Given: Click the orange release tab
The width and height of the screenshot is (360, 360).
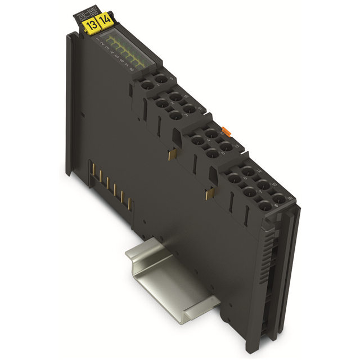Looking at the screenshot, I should (x=226, y=131).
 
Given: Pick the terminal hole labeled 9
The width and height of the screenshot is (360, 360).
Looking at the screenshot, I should (x=161, y=79).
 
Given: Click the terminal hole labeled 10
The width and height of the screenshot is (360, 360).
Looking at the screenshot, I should (x=175, y=96).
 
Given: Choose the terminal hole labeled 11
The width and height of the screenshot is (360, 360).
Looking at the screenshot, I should (x=189, y=108).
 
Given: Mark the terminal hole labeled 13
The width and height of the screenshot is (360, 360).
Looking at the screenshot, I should (x=225, y=147).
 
